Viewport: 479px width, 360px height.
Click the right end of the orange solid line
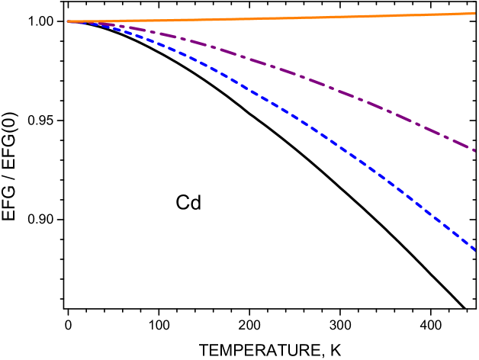tap(475, 13)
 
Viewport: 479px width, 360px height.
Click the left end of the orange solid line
tap(68, 21)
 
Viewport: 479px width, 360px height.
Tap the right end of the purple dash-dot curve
tap(475, 151)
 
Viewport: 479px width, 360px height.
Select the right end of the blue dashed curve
tap(476, 250)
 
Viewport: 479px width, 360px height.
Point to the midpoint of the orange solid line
tap(272, 18)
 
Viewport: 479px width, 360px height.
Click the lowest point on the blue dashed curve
tap(476, 250)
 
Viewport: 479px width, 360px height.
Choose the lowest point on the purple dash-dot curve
tap(475, 151)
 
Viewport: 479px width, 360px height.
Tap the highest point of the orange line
tap(475, 13)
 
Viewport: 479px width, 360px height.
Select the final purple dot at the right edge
tap(474, 150)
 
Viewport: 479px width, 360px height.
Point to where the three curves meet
tap(70, 21)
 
